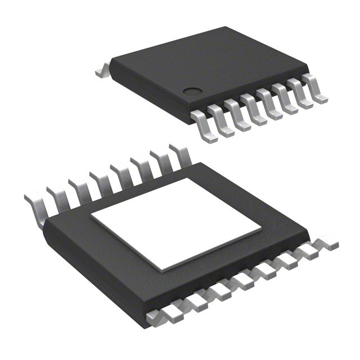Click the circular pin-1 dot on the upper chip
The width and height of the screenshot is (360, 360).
click(193, 89)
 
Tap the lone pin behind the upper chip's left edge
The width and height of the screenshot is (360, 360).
click(102, 71)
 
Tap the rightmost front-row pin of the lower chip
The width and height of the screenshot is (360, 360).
click(328, 244)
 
